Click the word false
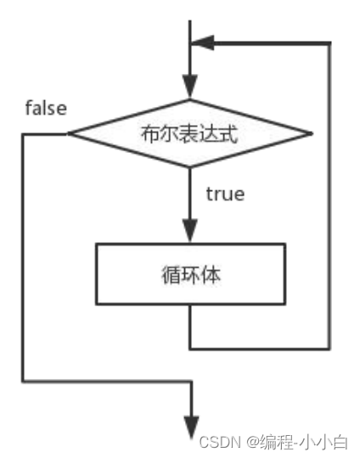46,109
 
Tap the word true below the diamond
225,194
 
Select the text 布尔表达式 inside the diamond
189,133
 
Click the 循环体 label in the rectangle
189,274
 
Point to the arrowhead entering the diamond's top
190,88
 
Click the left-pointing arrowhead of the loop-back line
205,43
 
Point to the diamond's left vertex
70,133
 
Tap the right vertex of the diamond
312,133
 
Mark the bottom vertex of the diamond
190,167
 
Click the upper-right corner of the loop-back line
329,43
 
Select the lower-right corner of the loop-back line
329,348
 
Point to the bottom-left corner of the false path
24,382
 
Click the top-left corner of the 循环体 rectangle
96,246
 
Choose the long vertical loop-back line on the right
329,195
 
